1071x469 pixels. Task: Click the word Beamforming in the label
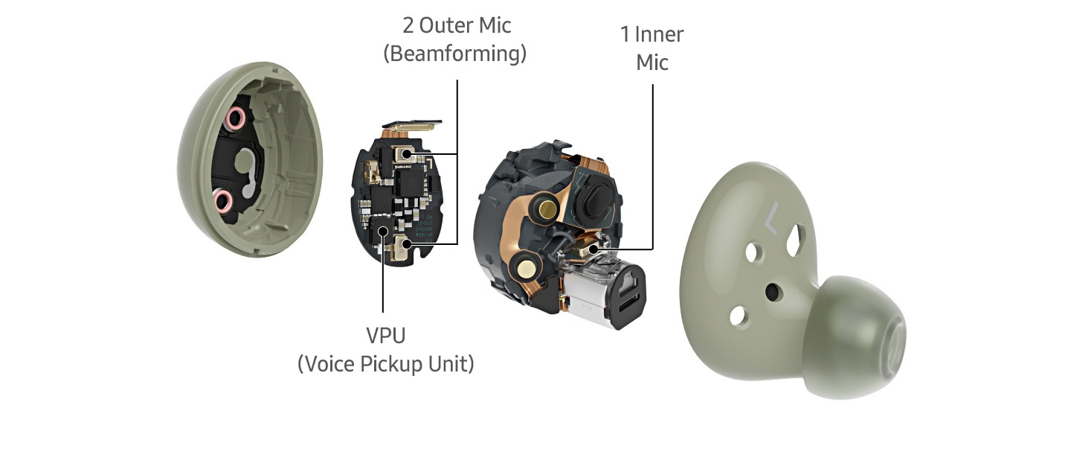pos(454,54)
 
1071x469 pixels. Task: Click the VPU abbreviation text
pos(386,336)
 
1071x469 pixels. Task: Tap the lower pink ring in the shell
pos(222,200)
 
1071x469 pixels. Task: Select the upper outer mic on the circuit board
pos(405,154)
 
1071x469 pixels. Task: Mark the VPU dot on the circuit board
pos(383,231)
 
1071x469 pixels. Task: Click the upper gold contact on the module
pos(547,208)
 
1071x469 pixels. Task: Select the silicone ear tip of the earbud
pos(855,335)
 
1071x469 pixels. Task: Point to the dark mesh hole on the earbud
pos(772,292)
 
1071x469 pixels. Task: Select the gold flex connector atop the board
pos(412,126)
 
